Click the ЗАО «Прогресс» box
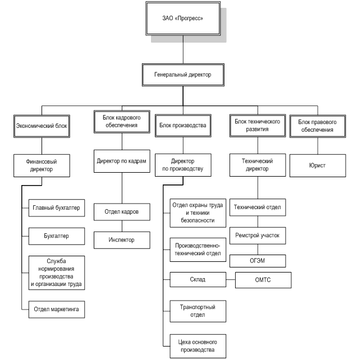coord(183,19)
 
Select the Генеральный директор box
coord(184,75)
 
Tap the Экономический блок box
coord(41,126)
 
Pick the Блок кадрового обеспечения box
coord(121,122)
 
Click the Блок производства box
coord(183,126)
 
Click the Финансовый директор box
coord(42,165)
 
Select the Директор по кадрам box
coord(121,161)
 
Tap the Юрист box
coord(317,166)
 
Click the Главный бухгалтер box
coord(56,208)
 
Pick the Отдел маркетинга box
coord(56,308)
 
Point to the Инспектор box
coord(122,240)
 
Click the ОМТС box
coord(263,280)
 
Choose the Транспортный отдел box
coord(193,311)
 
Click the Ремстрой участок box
coord(258,236)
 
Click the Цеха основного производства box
coord(193,345)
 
